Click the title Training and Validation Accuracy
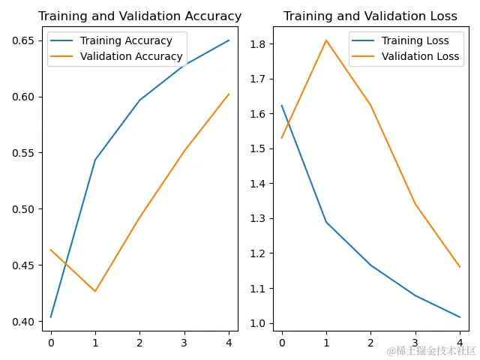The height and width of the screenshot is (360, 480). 139,16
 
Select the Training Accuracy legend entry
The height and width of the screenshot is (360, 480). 126,40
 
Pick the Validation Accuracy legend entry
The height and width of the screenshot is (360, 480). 131,56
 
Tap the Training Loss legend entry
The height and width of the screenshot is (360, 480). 415,40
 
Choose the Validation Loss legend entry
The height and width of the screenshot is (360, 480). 421,56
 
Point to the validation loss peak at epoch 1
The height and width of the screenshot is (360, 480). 326,40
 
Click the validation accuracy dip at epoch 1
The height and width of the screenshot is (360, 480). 95,291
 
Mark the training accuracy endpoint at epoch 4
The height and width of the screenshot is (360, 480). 229,40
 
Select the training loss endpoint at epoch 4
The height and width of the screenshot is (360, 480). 460,317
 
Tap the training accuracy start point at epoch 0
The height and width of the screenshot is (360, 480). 51,317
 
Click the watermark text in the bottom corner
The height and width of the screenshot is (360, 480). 431,350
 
